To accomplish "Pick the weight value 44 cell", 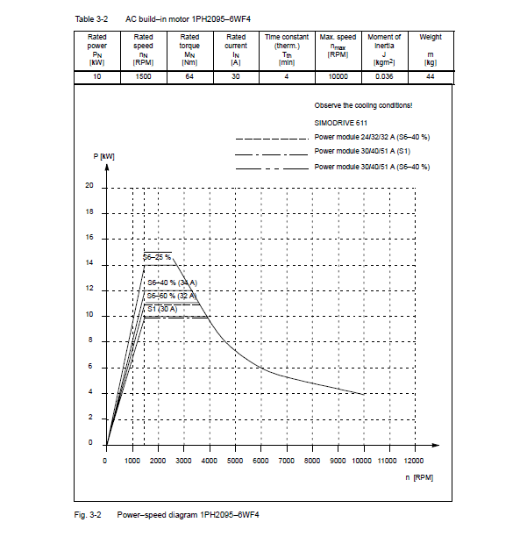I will [431, 76].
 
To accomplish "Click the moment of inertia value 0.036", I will [384, 76].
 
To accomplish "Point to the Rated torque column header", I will [189, 49].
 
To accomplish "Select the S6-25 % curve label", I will [158, 256].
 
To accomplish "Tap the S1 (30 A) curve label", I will [162, 309].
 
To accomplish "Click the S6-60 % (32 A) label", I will [172, 296].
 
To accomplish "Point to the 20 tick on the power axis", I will [89, 187].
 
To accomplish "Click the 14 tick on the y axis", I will [89, 263].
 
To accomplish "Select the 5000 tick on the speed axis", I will [234, 460].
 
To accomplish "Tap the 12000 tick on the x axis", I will [413, 460].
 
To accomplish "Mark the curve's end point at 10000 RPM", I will [363, 394].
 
